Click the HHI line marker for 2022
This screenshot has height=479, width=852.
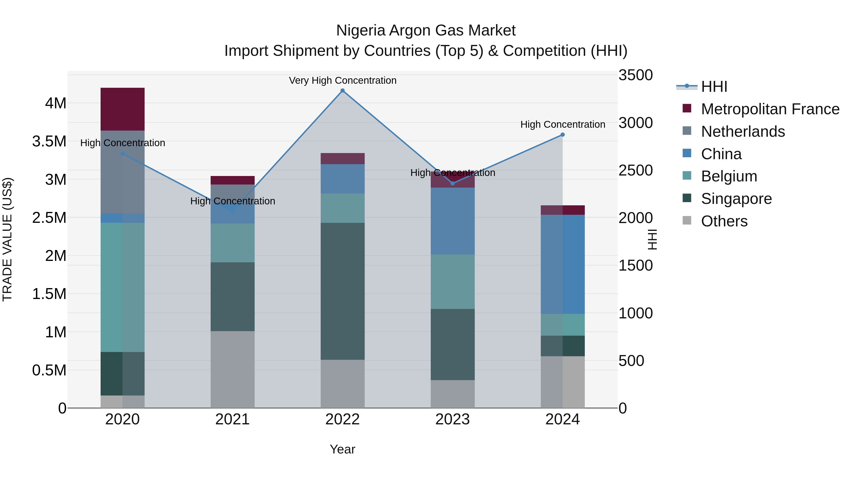point(342,91)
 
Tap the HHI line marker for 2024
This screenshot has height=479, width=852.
point(563,135)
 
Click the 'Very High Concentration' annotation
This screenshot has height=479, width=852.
point(342,80)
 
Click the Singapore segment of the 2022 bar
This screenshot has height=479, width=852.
point(342,291)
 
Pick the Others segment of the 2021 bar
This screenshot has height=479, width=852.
point(232,369)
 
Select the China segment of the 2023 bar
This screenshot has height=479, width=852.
point(453,221)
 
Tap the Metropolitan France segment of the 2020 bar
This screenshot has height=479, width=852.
point(122,109)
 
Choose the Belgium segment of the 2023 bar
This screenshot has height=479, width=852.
point(453,282)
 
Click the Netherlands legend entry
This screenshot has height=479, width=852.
point(742,132)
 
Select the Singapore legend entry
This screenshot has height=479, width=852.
point(736,199)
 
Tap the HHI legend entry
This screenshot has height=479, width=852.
point(714,87)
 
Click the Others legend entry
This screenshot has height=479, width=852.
point(724,221)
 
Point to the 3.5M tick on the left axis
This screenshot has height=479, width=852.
point(49,141)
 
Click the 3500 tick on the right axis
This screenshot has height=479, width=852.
point(635,75)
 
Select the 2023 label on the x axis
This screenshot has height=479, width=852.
point(453,419)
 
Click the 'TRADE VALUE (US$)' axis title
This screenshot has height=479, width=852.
point(7,239)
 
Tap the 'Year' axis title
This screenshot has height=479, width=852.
point(342,449)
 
